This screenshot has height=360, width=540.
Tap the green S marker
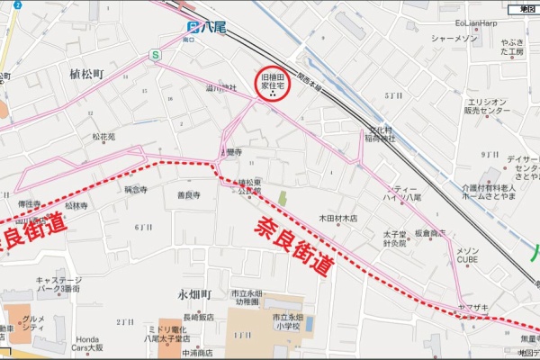click(156, 56)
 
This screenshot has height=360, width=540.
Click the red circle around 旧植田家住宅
click(273, 85)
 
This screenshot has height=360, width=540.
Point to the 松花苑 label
click(103, 137)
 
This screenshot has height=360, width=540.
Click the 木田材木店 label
click(338, 218)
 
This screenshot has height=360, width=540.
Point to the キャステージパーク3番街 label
click(59, 285)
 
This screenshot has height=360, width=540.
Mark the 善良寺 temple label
click(187, 194)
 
